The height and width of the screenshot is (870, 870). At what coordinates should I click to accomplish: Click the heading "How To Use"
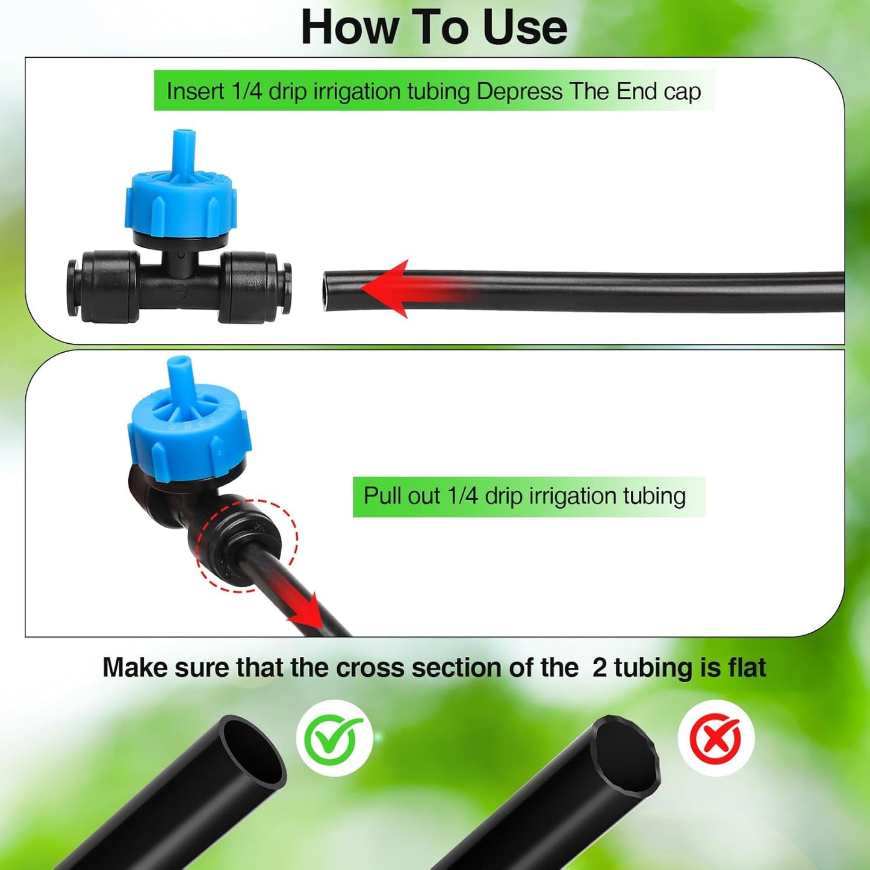(433, 28)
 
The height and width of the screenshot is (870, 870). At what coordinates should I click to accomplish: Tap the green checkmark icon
(334, 738)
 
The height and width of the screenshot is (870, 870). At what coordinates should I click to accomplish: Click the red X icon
(715, 738)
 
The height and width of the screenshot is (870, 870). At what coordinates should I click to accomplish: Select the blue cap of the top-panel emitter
(181, 202)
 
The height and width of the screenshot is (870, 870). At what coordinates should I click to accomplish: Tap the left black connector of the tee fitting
(102, 287)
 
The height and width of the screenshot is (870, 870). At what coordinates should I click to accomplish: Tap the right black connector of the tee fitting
(256, 287)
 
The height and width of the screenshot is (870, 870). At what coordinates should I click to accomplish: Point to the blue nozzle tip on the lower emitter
(179, 368)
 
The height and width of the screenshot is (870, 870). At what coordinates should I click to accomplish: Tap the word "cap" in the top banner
(682, 92)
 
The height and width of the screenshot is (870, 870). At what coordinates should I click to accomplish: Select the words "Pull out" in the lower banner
(402, 496)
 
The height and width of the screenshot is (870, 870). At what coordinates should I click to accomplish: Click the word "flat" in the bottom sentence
(747, 668)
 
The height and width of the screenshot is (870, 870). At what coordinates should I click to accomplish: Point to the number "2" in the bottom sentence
(599, 668)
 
